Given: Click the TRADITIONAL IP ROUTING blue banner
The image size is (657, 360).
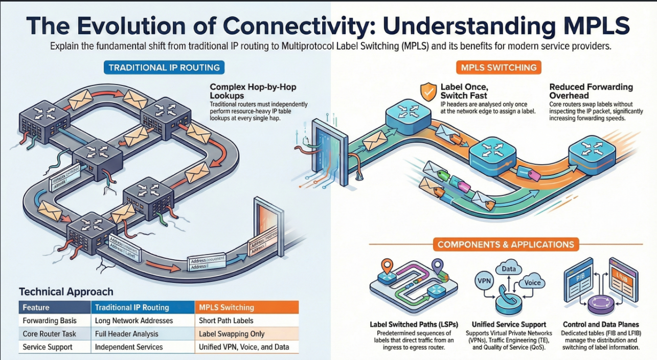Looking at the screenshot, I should click(x=164, y=67).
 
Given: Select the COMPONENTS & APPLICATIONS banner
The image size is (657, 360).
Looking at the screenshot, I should click(x=506, y=244).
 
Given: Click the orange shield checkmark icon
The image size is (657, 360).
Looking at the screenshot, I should click(x=427, y=92).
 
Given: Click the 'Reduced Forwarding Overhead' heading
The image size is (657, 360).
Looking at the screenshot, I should click(x=591, y=91).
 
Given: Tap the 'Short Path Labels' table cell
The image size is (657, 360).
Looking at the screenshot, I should click(x=225, y=321).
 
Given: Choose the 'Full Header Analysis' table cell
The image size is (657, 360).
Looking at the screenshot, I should click(x=126, y=334).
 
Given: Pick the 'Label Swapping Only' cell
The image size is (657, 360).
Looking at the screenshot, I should click(x=232, y=334).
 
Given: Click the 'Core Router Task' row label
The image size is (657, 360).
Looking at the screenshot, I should click(x=49, y=334).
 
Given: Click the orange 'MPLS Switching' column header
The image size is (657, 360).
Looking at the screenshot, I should click(x=226, y=307).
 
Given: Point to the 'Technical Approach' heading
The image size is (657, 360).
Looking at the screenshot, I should click(x=66, y=292).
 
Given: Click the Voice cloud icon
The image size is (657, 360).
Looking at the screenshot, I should click(x=529, y=282).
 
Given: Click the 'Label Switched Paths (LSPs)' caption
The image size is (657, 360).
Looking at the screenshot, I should click(x=413, y=324).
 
